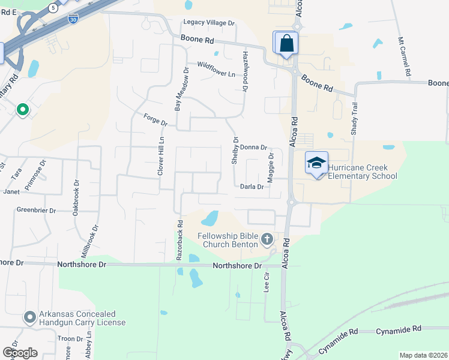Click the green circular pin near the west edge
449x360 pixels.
click(23, 109)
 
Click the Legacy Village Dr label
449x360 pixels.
click(209, 23)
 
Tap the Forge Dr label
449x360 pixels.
click(155, 120)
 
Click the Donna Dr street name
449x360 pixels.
click(254, 147)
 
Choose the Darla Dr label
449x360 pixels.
click(252, 187)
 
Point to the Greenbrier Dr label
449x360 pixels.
click(36, 211)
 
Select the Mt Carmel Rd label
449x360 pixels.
click(404, 57)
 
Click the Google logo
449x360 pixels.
click(19, 353)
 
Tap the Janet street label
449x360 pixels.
click(12, 192)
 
